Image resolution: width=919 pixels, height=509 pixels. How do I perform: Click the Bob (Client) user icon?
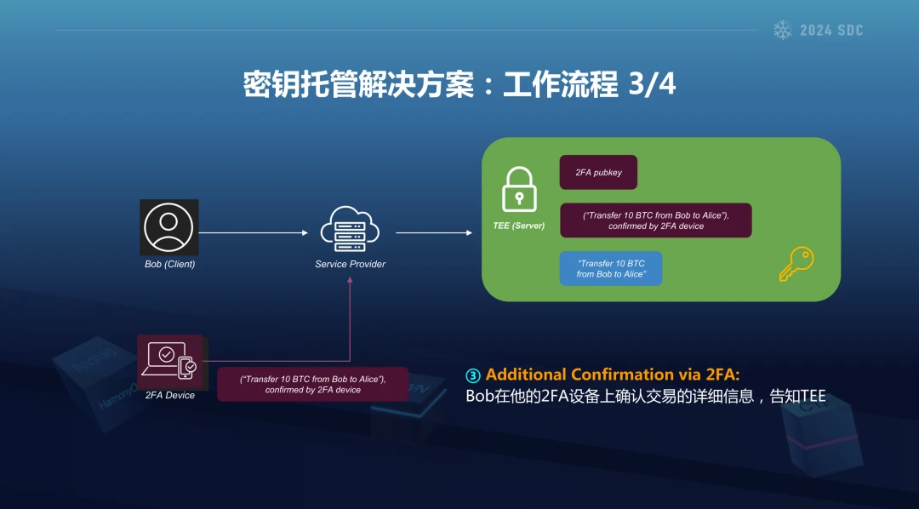(x=168, y=227)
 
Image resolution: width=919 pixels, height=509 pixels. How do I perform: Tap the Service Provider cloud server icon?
(x=350, y=229)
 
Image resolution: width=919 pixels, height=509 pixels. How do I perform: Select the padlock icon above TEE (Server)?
(x=519, y=189)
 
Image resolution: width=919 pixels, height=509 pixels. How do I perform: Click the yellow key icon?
(x=796, y=264)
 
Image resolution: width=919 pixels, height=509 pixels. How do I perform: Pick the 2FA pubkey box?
(x=598, y=173)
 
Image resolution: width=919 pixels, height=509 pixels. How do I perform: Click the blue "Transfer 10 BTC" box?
(x=611, y=269)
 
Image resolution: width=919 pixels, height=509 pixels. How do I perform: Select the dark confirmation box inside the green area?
(x=656, y=220)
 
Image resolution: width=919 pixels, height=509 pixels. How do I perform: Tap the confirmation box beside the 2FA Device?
(x=313, y=384)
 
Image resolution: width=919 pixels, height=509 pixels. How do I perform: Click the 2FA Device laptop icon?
(x=170, y=361)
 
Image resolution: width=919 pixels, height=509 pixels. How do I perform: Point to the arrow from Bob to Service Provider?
(x=254, y=233)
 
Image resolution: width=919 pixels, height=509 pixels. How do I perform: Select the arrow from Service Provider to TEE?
(x=434, y=233)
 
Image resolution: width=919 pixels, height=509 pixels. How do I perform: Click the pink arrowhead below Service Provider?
(x=350, y=280)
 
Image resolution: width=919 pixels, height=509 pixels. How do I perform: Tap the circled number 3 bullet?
(x=473, y=375)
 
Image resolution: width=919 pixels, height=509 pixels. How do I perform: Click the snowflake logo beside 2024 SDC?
(x=783, y=30)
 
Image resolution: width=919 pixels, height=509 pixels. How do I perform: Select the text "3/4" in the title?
(x=652, y=84)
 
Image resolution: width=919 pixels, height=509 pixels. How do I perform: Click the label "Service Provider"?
(x=350, y=264)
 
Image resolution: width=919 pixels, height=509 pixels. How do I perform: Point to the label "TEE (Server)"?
(x=519, y=226)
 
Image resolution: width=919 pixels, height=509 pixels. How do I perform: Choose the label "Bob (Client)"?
(x=170, y=264)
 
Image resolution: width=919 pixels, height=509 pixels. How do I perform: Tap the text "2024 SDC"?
(x=831, y=31)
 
